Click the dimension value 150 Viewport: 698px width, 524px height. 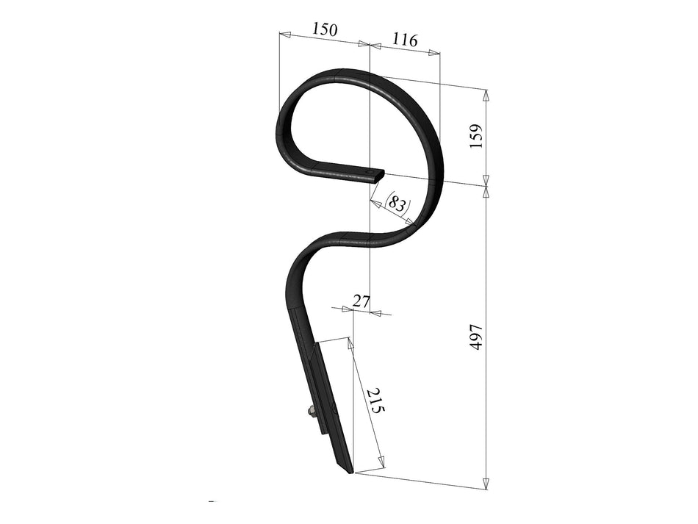pyautogui.click(x=324, y=30)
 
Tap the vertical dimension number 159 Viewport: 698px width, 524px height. pyautogui.click(x=475, y=137)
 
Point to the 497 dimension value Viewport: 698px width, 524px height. pyautogui.click(x=475, y=337)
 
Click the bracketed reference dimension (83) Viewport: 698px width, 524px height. pyautogui.click(x=397, y=203)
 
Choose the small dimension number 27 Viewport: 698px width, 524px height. pyautogui.click(x=361, y=300)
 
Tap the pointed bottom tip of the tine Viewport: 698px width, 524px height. pyautogui.click(x=350, y=471)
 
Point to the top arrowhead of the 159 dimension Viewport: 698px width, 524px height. pyautogui.click(x=485, y=94)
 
